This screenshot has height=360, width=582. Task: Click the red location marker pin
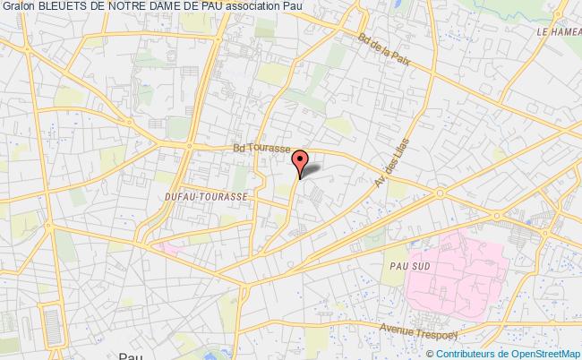coord(301,161)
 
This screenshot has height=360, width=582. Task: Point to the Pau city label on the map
coord(130,355)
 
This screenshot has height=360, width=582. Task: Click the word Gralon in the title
coord(18,7)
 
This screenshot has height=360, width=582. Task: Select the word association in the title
coord(270,7)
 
